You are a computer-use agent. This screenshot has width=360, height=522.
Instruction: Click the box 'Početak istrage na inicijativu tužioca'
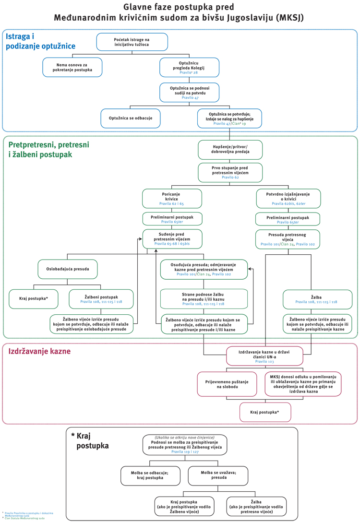click(x=132, y=42)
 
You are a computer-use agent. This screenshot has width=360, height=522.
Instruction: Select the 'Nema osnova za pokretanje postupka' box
click(x=72, y=67)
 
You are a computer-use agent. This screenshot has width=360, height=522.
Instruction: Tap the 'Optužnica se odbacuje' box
click(x=131, y=118)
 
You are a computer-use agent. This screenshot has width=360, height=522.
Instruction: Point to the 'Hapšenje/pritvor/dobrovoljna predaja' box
click(x=230, y=149)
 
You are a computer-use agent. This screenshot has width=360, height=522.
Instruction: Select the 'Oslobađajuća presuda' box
click(x=68, y=269)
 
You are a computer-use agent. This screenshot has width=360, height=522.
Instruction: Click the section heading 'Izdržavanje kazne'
click(x=39, y=352)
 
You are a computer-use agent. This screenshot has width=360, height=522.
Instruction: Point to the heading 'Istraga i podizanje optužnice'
click(x=40, y=41)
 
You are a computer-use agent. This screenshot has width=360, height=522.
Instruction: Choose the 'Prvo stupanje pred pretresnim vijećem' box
click(x=230, y=172)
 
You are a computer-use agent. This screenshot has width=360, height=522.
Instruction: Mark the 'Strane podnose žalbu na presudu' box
click(x=204, y=298)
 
